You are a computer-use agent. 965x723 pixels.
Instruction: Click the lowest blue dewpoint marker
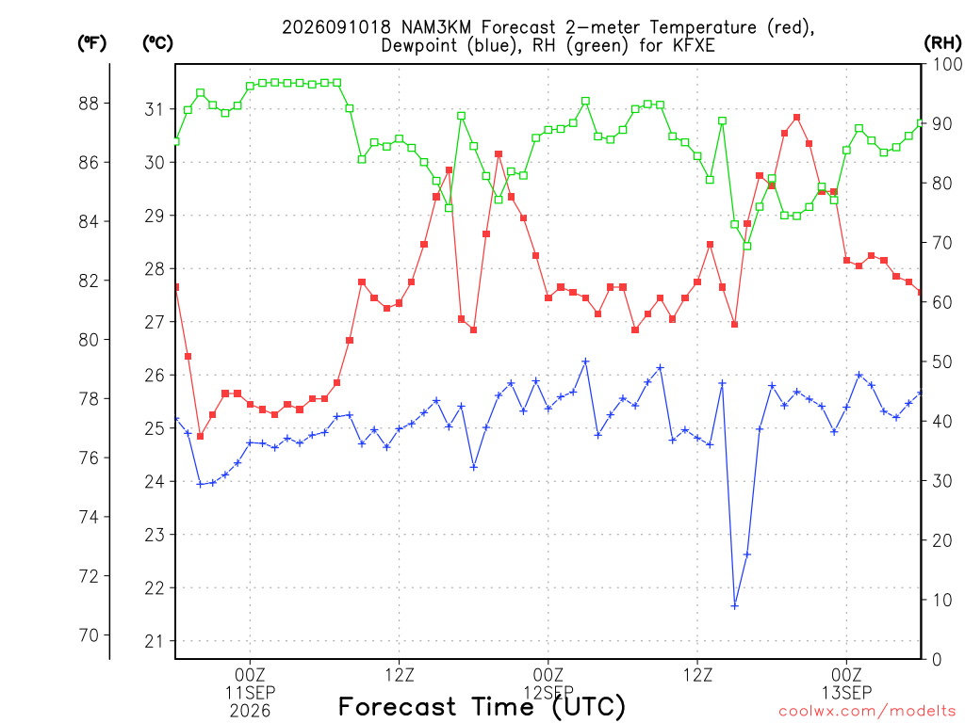(734, 606)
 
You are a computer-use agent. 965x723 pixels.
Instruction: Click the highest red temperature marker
(796, 118)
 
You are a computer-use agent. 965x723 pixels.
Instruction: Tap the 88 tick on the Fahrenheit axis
(90, 104)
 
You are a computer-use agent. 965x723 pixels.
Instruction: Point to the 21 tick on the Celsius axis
(155, 641)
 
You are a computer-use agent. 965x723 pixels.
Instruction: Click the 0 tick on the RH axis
(937, 660)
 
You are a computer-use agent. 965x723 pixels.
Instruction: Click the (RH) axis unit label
(942, 42)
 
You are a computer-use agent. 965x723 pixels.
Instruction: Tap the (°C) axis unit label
(157, 42)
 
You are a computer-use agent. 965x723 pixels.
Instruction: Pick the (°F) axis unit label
(91, 42)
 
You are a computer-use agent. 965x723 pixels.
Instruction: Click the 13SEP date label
(846, 693)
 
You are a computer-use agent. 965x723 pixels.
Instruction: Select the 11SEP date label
(250, 693)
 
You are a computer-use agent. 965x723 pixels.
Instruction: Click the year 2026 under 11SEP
(250, 712)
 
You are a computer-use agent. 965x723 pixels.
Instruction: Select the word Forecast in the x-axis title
(398, 706)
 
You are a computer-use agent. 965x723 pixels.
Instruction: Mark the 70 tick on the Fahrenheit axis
(90, 635)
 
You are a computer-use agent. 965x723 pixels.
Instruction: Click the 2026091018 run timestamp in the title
(336, 27)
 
